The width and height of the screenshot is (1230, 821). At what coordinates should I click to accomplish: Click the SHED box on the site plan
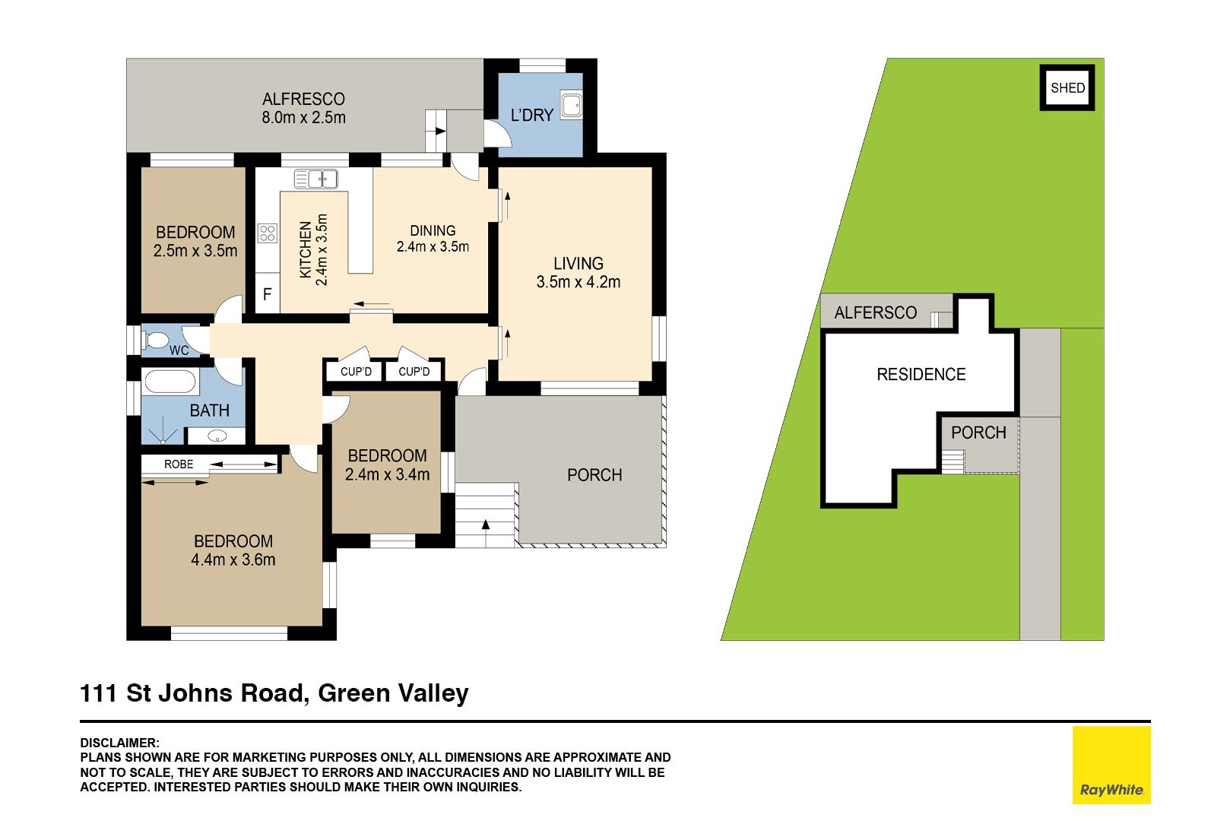[x=1067, y=88]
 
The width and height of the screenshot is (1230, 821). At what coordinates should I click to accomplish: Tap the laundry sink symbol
[x=571, y=104]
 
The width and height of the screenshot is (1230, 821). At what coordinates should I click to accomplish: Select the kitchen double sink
[x=316, y=179]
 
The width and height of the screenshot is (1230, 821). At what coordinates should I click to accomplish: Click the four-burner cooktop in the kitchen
[x=268, y=233]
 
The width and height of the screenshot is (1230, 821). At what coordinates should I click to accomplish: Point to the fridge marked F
[x=268, y=293]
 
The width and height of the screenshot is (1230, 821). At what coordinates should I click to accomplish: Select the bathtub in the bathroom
[x=170, y=381]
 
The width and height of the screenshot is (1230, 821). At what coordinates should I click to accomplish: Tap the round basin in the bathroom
[x=218, y=436]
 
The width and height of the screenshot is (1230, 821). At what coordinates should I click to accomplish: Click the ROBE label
[x=179, y=464]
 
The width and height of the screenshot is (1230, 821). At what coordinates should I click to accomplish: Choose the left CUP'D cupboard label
[x=356, y=372]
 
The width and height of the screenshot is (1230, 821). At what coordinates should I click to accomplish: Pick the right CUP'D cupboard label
[x=414, y=372]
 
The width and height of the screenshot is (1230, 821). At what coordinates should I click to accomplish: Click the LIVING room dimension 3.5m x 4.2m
[x=579, y=282]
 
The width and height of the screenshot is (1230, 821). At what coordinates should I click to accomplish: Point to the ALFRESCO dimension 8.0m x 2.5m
[x=303, y=118]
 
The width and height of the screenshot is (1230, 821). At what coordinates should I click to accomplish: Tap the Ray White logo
[x=1111, y=765]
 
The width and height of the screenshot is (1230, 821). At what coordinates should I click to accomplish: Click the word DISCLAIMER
[x=119, y=743]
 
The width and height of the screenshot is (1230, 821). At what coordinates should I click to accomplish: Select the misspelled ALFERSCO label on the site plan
[x=876, y=313]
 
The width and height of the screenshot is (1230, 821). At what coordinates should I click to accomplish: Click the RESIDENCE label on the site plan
[x=921, y=375]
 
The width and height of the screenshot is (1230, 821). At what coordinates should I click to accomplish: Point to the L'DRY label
[x=531, y=116]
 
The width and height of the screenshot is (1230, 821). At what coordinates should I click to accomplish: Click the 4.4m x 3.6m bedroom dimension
[x=233, y=560]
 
